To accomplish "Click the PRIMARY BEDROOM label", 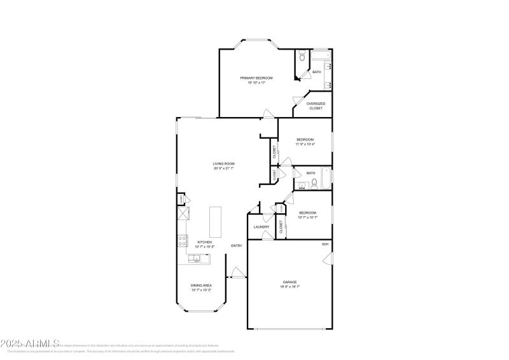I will pyautogui.click(x=252, y=78).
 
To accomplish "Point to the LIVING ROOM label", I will pyautogui.click(x=224, y=163).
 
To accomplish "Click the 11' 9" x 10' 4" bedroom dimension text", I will pyautogui.click(x=305, y=144).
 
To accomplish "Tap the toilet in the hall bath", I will pyautogui.click(x=314, y=184).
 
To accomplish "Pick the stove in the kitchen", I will pyautogui.click(x=182, y=241).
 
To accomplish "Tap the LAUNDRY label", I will pyautogui.click(x=261, y=227).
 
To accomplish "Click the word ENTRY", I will pyautogui.click(x=236, y=246).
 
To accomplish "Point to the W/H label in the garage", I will pyautogui.click(x=324, y=244).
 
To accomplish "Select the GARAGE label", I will pyautogui.click(x=289, y=282).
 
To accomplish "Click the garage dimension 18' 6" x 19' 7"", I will pyautogui.click(x=289, y=287).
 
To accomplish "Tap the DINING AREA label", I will pyautogui.click(x=201, y=285).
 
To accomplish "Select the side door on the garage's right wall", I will pyautogui.click(x=328, y=258).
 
